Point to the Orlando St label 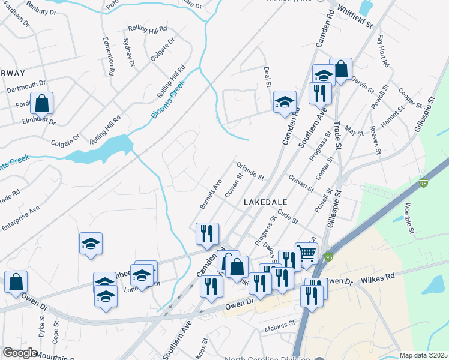[x=250, y=170]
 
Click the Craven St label [x=301, y=184]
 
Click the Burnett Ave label [x=211, y=193]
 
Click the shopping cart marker [x=306, y=254]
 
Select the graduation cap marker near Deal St [x=285, y=101]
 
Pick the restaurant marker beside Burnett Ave [x=208, y=234]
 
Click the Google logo [x=20, y=353]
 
